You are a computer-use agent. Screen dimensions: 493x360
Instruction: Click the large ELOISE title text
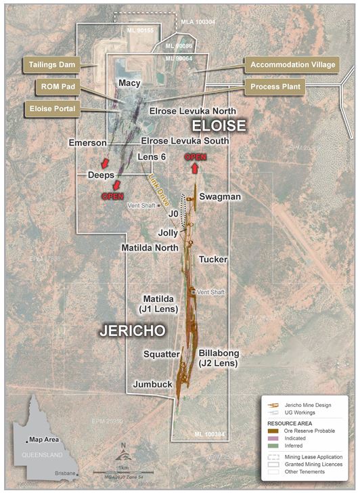coord(218,125)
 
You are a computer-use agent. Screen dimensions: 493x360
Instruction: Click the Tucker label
coord(213,259)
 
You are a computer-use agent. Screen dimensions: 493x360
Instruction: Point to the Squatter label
coord(161,353)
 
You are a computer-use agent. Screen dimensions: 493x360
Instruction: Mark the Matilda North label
coord(150,248)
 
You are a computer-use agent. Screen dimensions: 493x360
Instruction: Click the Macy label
coord(129,83)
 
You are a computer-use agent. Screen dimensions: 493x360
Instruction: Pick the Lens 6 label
coord(152,157)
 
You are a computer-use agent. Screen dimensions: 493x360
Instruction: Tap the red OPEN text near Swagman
coord(196,157)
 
